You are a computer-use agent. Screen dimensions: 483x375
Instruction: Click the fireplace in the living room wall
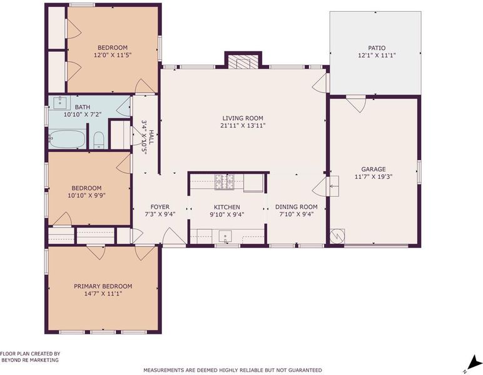[243, 61]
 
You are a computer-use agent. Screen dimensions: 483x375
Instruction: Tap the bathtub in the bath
[67, 139]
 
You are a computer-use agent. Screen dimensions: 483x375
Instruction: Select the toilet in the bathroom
[99, 141]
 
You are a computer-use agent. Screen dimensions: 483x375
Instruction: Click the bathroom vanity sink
[60, 102]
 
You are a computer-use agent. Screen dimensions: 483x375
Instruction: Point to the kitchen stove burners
[224, 181]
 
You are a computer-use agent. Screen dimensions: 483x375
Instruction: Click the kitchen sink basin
[225, 236]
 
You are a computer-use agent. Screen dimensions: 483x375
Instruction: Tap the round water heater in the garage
[337, 236]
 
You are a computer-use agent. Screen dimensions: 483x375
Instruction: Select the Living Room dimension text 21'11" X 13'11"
[243, 126]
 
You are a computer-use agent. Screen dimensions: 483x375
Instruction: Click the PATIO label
[377, 48]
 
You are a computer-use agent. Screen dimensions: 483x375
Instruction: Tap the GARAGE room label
[374, 169]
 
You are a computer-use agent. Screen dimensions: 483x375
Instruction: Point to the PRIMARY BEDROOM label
[103, 286]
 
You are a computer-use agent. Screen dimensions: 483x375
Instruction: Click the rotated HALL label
[151, 137]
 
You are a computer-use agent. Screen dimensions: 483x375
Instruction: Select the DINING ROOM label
[297, 207]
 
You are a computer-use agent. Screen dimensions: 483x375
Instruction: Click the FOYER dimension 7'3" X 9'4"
[160, 214]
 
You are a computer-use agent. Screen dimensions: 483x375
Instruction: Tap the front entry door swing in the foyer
[174, 237]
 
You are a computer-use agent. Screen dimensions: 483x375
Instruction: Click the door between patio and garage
[356, 104]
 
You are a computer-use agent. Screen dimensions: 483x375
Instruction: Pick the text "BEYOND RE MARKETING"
[30, 360]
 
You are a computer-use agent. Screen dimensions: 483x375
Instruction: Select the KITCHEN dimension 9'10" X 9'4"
[227, 214]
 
